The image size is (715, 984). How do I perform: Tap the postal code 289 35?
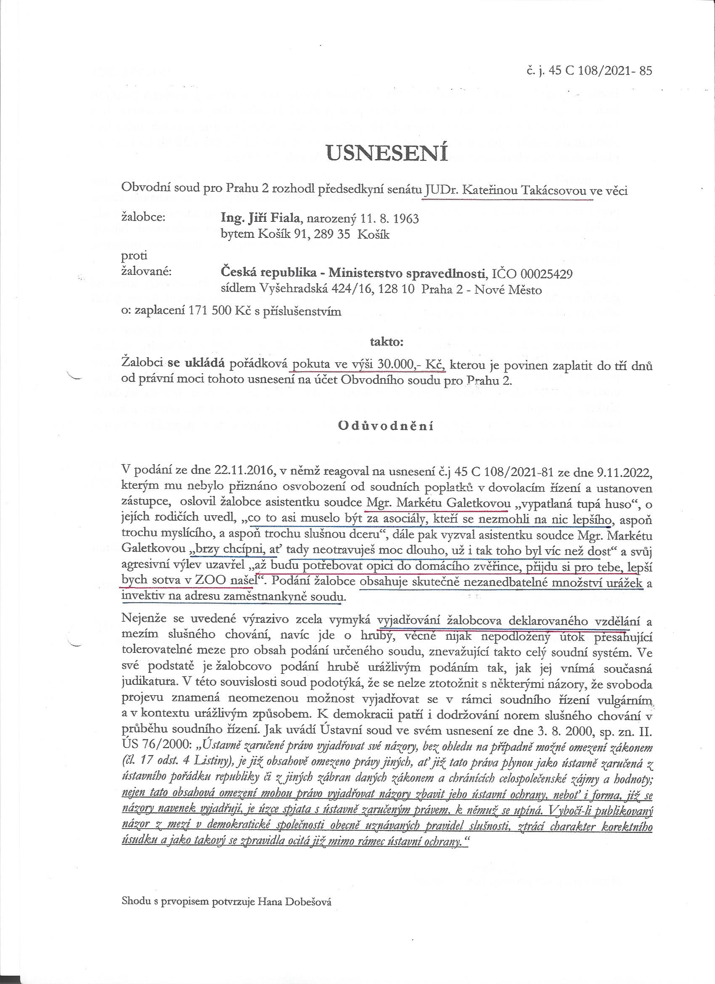click(342, 234)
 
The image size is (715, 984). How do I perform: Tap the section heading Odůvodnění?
click(386, 426)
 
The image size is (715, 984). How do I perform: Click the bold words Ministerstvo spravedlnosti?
click(407, 274)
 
